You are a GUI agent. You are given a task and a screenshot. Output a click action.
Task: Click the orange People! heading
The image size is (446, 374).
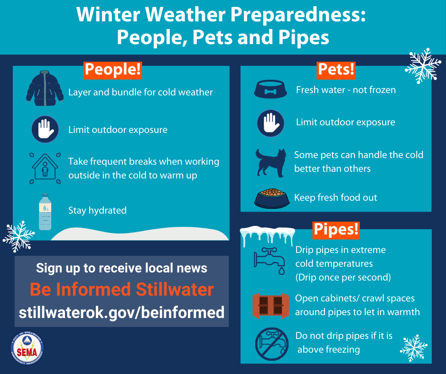pos(112,69)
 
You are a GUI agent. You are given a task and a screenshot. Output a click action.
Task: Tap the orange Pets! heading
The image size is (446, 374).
pos(336,70)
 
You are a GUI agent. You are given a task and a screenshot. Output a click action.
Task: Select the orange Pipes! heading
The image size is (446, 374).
pos(335,229)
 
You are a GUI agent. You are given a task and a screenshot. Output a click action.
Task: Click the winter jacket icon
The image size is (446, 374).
pos(45,88)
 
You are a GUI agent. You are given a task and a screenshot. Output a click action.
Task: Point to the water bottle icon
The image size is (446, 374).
pos(45,212)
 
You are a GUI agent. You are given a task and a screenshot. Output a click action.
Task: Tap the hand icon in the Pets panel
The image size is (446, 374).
pos(270,123)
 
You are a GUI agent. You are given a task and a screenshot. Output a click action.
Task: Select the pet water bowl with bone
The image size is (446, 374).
pos(270,89)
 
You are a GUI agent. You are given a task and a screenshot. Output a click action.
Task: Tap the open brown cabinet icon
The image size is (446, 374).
pos(270,305)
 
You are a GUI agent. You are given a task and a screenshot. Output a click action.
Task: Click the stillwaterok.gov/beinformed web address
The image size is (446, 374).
pos(121,313)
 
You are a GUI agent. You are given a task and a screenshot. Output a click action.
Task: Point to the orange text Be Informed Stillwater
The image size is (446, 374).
pos(121,289)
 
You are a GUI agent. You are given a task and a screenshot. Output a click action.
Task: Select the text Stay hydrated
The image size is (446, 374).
pos(97,210)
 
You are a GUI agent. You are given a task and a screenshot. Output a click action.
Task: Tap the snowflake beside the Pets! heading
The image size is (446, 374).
pos(423,65)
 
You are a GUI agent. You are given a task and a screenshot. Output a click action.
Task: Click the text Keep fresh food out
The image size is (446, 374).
pos(335,197)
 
